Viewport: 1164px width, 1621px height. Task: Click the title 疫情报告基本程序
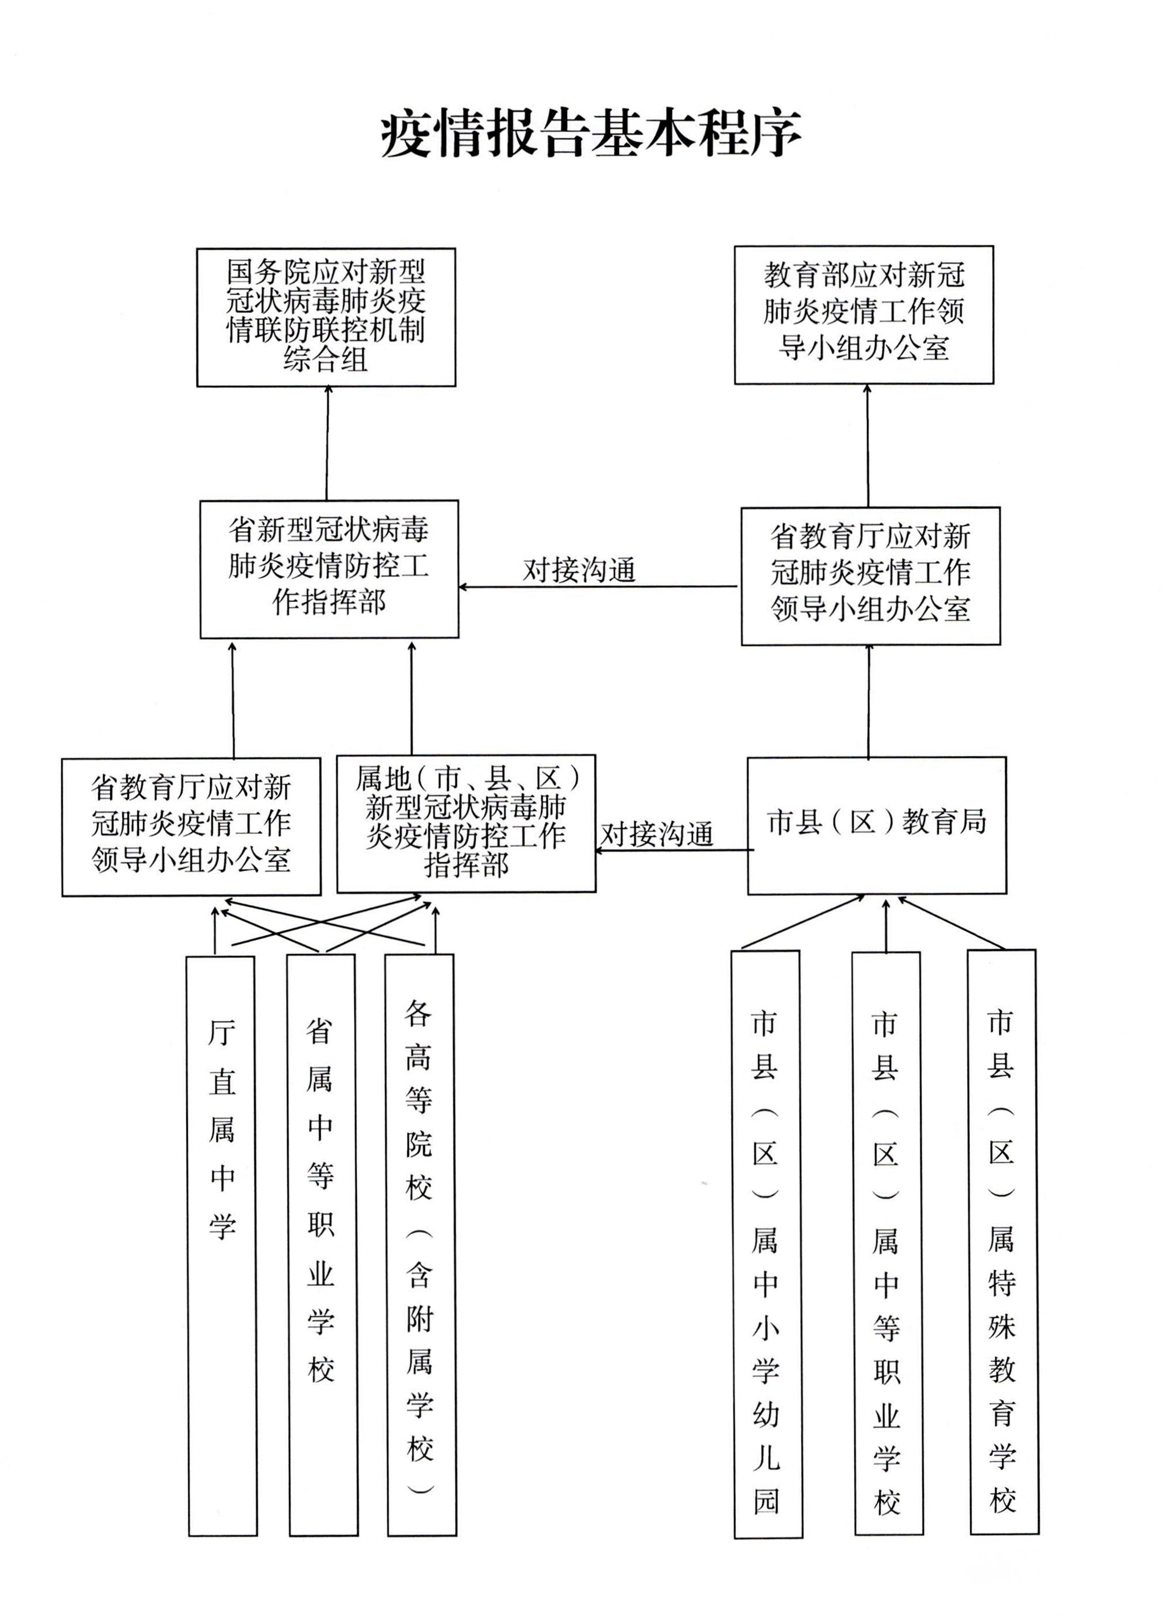pyautogui.click(x=591, y=134)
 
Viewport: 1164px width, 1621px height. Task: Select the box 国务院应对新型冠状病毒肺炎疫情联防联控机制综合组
pyautogui.click(x=326, y=317)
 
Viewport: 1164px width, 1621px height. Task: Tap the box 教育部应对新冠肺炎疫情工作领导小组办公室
pyautogui.click(x=864, y=315)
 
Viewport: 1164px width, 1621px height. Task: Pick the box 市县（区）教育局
pyautogui.click(x=876, y=825)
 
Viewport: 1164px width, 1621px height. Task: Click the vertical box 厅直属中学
pyautogui.click(x=221, y=1245)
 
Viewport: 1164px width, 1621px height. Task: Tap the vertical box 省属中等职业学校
pyautogui.click(x=322, y=1245)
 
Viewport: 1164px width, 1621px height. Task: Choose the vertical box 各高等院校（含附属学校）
pyautogui.click(x=420, y=1245)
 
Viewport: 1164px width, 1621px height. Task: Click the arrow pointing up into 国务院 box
pyautogui.click(x=327, y=443)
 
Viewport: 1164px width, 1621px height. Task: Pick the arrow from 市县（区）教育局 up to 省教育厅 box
pyautogui.click(x=869, y=700)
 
